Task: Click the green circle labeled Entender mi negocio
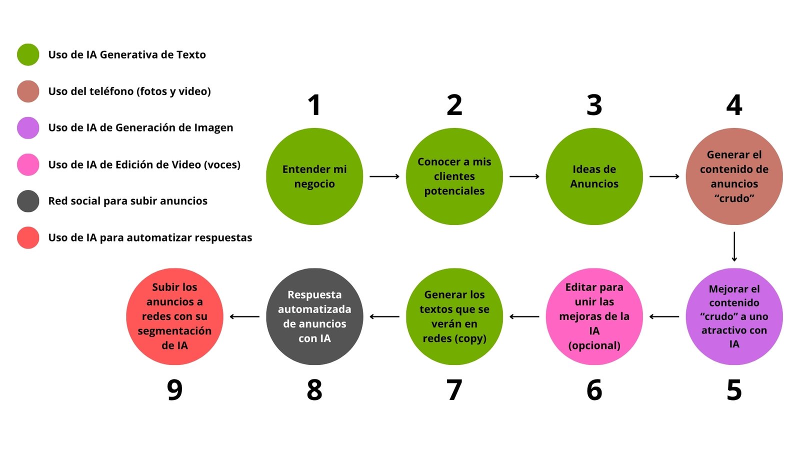point(314,176)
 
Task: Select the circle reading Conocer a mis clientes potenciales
point(454,176)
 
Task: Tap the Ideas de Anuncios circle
point(594,176)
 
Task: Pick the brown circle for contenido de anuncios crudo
point(734,176)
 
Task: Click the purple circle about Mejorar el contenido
point(734,316)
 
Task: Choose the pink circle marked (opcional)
point(594,316)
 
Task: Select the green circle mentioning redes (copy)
point(454,316)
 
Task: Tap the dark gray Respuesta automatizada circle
point(314,316)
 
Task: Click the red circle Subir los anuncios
point(174,316)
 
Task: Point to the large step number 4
point(734,105)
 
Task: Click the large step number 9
point(174,390)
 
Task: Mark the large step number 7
point(454,390)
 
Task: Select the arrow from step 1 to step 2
point(384,176)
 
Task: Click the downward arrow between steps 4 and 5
point(734,246)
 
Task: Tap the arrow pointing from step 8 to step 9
point(244,316)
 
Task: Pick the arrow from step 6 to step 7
point(524,316)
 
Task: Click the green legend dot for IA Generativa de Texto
point(28,54)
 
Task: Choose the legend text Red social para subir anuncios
point(127,201)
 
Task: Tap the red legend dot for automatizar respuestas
point(28,237)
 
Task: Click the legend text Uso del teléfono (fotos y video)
point(129,91)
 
